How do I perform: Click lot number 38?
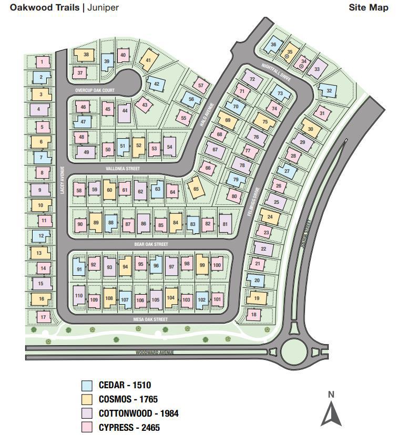86,55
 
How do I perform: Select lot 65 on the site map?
196,189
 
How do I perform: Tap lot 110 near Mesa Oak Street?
79,296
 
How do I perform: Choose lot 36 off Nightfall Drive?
273,45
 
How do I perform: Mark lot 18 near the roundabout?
253,315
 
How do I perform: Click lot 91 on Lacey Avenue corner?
79,270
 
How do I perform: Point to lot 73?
280,94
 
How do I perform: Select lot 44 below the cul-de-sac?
125,111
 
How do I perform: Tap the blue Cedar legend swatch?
87,385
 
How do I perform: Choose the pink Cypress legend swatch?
87,427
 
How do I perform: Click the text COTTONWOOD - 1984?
138,413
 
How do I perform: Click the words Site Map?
368,7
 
